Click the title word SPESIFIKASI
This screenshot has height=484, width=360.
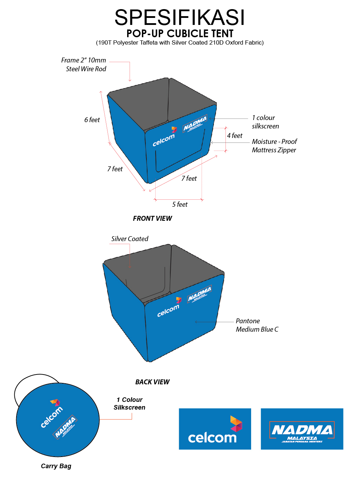coord(179,18)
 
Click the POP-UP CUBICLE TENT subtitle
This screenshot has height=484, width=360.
coord(180,34)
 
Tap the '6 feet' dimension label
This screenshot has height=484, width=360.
coord(92,120)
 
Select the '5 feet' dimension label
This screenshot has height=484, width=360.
coord(180,205)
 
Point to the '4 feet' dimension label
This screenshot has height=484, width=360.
coord(235,136)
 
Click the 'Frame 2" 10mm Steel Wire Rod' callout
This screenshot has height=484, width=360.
coord(86,65)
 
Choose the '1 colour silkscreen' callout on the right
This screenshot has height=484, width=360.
coord(265,122)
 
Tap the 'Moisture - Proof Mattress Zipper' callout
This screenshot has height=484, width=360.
coord(274,146)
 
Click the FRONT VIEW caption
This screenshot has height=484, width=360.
coord(152,219)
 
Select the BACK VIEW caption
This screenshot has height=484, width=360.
coord(152,382)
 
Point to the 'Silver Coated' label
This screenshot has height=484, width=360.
coord(130,239)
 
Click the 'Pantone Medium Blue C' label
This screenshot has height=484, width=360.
coord(257,325)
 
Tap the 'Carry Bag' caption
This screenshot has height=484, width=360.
coord(56,466)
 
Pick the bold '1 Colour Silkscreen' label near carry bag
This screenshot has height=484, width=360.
coord(129,404)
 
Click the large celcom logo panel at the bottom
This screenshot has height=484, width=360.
coord(215,429)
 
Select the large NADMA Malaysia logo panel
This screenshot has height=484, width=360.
coord(302,429)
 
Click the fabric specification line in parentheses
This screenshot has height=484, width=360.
coord(180,43)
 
